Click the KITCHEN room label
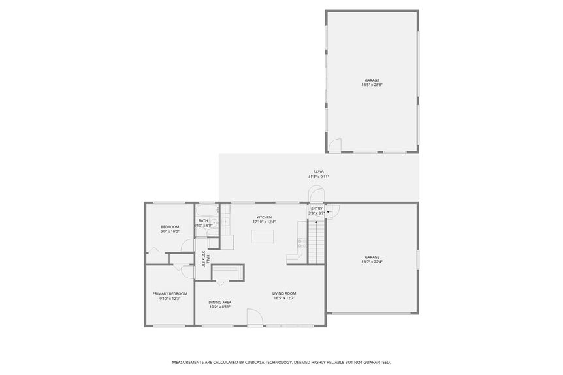264,217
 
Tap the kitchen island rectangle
263,235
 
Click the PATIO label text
318,172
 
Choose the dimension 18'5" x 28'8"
372,85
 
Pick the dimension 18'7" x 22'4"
372,262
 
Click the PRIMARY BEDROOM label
170,293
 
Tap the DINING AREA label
220,302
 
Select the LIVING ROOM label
284,293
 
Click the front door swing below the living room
254,318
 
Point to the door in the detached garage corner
334,146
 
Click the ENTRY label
316,209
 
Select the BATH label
203,221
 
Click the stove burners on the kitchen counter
301,243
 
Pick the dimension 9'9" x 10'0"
170,231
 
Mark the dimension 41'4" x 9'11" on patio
318,177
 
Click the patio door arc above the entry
315,194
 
